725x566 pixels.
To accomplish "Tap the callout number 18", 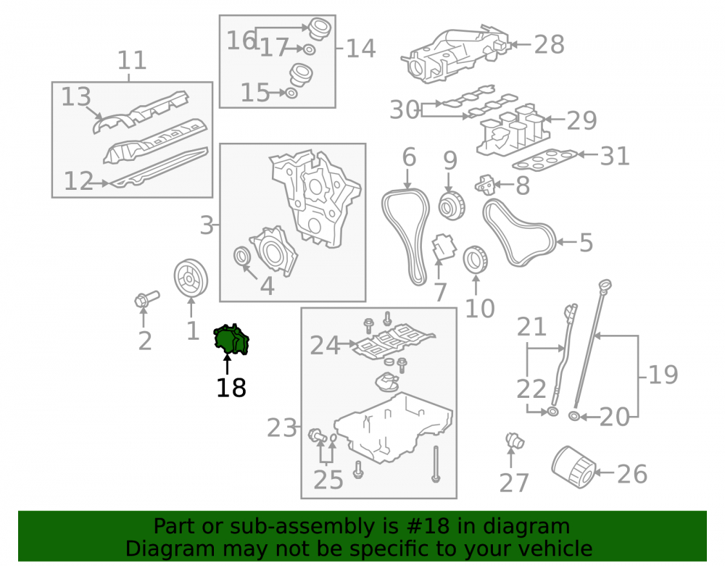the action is pyautogui.click(x=231, y=388).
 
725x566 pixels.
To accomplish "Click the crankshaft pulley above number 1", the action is pyautogui.click(x=191, y=278).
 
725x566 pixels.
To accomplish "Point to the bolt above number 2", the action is pyautogui.click(x=146, y=299).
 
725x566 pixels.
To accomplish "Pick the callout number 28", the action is pyautogui.click(x=550, y=45).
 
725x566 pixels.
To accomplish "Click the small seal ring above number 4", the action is pyautogui.click(x=242, y=256).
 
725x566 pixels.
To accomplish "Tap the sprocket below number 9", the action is pyautogui.click(x=452, y=207).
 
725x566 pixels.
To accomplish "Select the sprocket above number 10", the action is pyautogui.click(x=476, y=260).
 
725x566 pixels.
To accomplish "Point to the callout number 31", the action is pyautogui.click(x=615, y=156).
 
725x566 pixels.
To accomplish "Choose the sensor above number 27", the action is pyautogui.click(x=514, y=441).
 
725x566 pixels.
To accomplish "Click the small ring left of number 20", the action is pyautogui.click(x=574, y=416).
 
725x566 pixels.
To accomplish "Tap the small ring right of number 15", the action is pyautogui.click(x=291, y=93).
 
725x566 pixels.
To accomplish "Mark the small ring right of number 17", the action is pyautogui.click(x=310, y=49).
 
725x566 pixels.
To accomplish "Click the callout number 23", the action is pyautogui.click(x=281, y=428).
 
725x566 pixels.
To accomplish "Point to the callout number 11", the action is pyautogui.click(x=132, y=60).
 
